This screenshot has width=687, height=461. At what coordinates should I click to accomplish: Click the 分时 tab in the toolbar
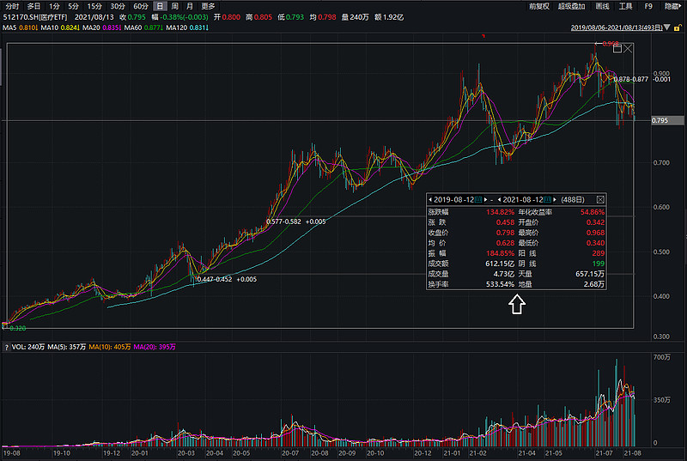click(12, 6)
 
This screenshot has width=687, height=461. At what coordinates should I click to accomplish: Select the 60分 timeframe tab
click(141, 6)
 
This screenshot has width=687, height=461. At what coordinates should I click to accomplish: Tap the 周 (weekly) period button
click(174, 6)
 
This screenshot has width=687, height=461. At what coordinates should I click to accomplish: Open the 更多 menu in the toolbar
click(208, 6)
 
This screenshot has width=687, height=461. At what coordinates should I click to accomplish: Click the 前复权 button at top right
click(538, 6)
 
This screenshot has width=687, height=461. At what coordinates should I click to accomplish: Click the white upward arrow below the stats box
click(516, 304)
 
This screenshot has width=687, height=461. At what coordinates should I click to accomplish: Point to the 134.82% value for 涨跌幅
click(501, 211)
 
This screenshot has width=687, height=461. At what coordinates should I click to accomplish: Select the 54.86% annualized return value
click(591, 211)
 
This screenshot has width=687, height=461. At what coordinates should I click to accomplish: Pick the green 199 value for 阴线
click(598, 263)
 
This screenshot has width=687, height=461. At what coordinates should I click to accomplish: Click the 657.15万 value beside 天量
click(588, 273)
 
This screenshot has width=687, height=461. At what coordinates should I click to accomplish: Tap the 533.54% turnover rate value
click(500, 283)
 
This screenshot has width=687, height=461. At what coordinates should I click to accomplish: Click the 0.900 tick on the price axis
click(661, 73)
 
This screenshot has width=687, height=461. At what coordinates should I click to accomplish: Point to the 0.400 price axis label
click(661, 296)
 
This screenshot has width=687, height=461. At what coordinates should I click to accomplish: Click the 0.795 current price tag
click(660, 121)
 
